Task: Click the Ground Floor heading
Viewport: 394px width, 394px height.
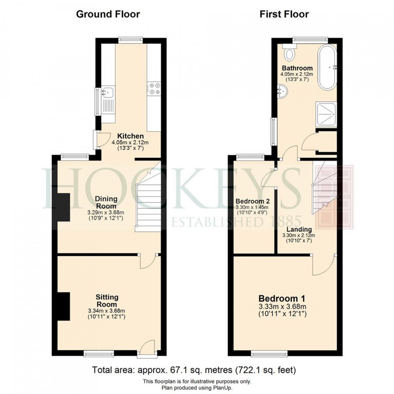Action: pos(108,14)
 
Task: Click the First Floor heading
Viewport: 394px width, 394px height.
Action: pos(284,14)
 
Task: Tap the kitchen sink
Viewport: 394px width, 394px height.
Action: pos(107,92)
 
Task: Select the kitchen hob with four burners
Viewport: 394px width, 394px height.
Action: pos(154,89)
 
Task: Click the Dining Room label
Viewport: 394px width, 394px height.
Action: pos(106,202)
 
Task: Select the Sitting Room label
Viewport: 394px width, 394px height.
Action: pos(107,301)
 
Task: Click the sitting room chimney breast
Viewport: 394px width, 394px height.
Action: pos(63,306)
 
